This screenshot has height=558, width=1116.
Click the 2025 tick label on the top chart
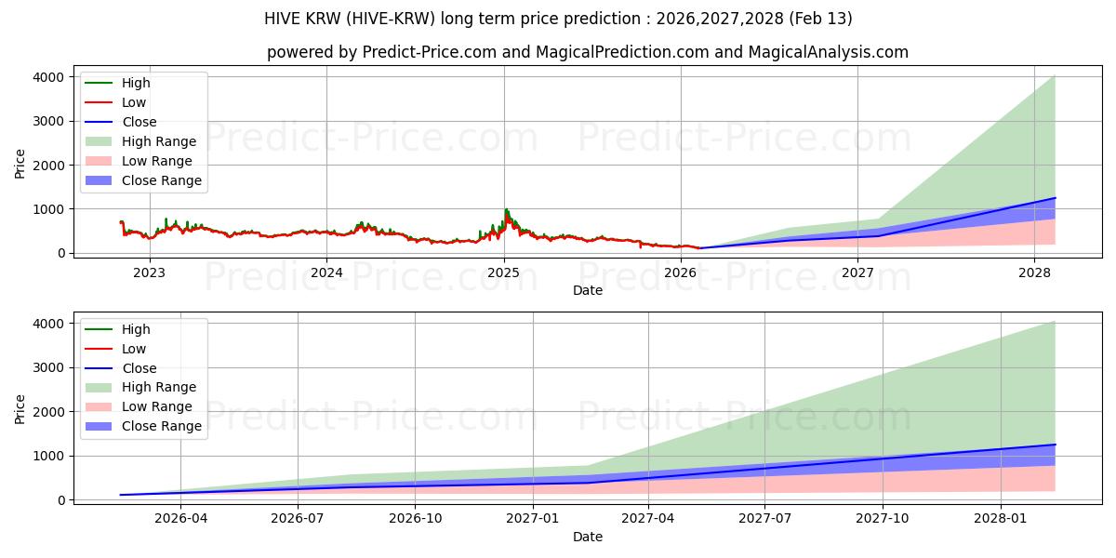pos(503,272)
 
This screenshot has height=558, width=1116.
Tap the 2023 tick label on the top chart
pos(149,272)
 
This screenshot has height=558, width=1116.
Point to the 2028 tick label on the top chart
pos(1034,272)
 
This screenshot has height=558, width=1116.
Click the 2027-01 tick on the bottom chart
pos(533,519)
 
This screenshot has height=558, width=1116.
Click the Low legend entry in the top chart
pos(134,102)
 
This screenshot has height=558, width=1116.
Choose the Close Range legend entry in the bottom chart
pos(162,426)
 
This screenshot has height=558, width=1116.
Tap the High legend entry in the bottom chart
pos(136,329)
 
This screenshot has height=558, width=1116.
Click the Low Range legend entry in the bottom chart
pos(157,406)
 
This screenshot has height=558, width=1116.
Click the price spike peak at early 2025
pos(506,210)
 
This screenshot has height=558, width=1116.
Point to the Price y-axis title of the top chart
pos(20,164)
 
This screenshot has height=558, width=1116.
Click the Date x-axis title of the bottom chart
pos(587,537)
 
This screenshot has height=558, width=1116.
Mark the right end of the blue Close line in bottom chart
pos(1055,445)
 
